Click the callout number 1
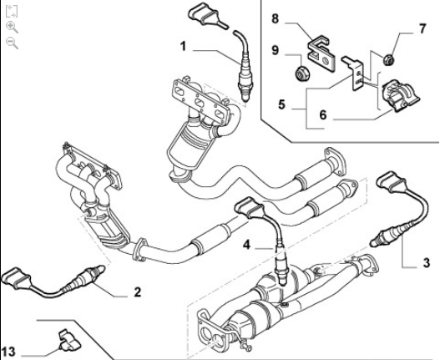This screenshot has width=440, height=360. (x=183, y=46)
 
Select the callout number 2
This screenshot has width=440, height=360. (x=137, y=292)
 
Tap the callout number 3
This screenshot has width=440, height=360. (x=427, y=263)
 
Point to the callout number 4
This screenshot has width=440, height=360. (x=246, y=245)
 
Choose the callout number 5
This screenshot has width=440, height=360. (x=281, y=104)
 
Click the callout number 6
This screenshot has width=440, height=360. (x=323, y=115)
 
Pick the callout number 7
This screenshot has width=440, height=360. (x=422, y=28)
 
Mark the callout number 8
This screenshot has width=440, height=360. (x=276, y=19)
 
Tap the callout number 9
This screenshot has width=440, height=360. (x=276, y=50)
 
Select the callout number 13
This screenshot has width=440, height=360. (x=8, y=352)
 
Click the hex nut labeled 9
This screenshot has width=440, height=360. (x=302, y=73)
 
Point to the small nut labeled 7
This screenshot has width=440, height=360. (x=389, y=59)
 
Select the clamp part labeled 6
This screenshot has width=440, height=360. (x=399, y=95)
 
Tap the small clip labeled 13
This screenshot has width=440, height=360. (x=68, y=340)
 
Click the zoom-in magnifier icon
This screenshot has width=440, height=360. (x=12, y=27)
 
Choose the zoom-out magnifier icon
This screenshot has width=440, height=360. (x=12, y=43)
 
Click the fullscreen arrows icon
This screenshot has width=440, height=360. (x=12, y=11)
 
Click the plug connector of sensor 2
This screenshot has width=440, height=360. (x=16, y=278)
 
